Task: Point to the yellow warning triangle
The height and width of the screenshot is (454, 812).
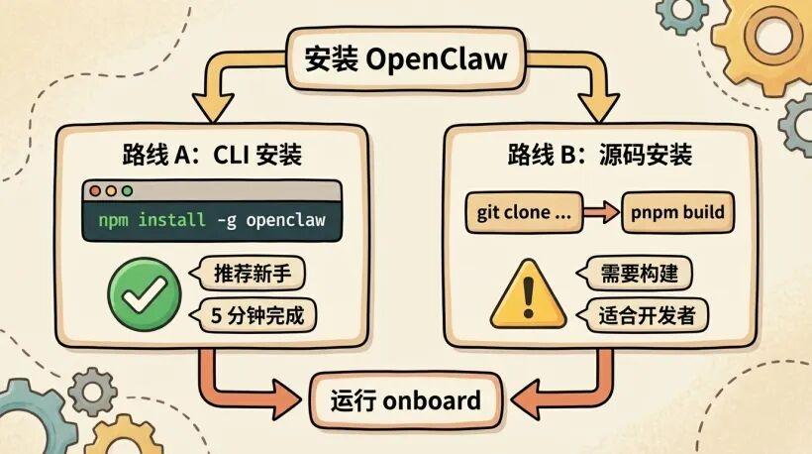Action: pyautogui.click(x=528, y=294)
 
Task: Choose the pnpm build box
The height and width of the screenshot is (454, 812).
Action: pyautogui.click(x=678, y=213)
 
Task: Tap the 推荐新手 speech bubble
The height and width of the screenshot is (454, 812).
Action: pyautogui.click(x=249, y=272)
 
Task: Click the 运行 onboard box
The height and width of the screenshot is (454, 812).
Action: pyautogui.click(x=406, y=400)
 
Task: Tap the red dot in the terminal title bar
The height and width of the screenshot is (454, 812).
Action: pyautogui.click(x=96, y=190)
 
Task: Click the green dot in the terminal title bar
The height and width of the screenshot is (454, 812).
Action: pyautogui.click(x=126, y=190)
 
